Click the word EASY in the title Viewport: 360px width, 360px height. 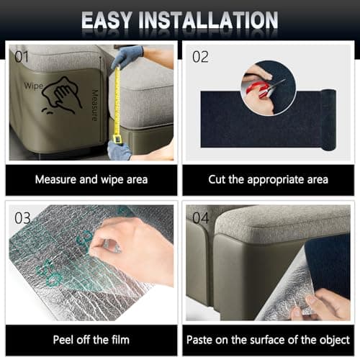click(x=107, y=20)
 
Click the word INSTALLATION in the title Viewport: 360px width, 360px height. click(x=209, y=20)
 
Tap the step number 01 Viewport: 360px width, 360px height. click(x=22, y=57)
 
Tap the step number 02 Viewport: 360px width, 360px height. click(x=200, y=57)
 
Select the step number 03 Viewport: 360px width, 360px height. click(x=22, y=218)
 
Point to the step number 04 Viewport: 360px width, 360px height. click(x=201, y=218)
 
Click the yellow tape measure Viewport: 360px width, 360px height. click(x=117, y=105)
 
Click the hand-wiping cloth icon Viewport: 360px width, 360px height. click(x=62, y=95)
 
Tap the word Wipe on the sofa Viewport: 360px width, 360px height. click(x=34, y=86)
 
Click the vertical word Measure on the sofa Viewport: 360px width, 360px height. click(x=95, y=105)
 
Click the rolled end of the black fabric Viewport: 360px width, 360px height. click(x=328, y=120)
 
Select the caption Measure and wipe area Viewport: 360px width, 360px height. click(x=91, y=180)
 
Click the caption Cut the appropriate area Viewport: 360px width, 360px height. click(x=268, y=180)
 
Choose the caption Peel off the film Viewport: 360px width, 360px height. click(x=91, y=340)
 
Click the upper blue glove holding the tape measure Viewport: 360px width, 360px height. click(x=127, y=56)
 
